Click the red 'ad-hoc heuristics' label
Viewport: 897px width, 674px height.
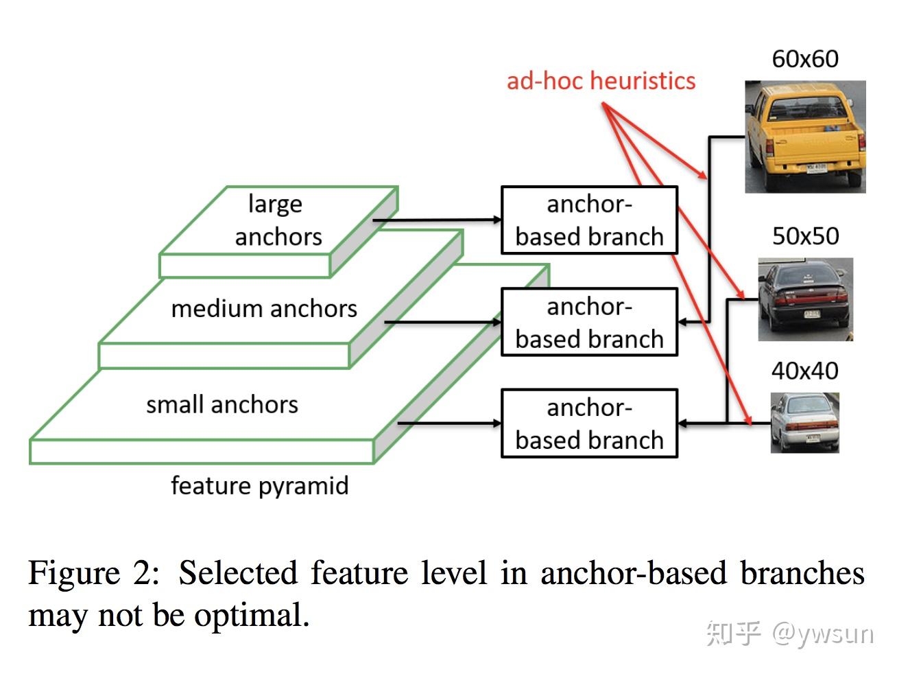click(x=601, y=81)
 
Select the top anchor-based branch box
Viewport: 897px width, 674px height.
click(x=589, y=220)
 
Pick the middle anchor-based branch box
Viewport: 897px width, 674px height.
click(x=589, y=322)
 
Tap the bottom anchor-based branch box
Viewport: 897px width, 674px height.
click(x=589, y=423)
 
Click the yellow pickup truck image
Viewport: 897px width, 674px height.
click(x=805, y=137)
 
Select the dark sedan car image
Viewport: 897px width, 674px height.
click(x=805, y=299)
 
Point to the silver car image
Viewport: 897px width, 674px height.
click(x=804, y=422)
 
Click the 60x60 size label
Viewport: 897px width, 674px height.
click(x=805, y=59)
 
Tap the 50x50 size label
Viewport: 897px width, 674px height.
click(x=805, y=236)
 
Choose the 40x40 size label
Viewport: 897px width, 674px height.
click(x=804, y=371)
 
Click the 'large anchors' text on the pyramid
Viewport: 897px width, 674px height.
click(x=278, y=220)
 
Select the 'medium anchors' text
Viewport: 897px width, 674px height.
click(x=264, y=309)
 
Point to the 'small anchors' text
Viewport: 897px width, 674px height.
click(x=222, y=404)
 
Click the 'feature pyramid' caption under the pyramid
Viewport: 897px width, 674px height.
click(x=259, y=486)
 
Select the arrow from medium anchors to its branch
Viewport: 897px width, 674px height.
click(x=443, y=321)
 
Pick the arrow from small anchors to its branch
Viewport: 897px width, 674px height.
click(x=449, y=423)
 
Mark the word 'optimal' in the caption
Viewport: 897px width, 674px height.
click(x=250, y=615)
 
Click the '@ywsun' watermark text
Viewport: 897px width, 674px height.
click(x=823, y=632)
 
